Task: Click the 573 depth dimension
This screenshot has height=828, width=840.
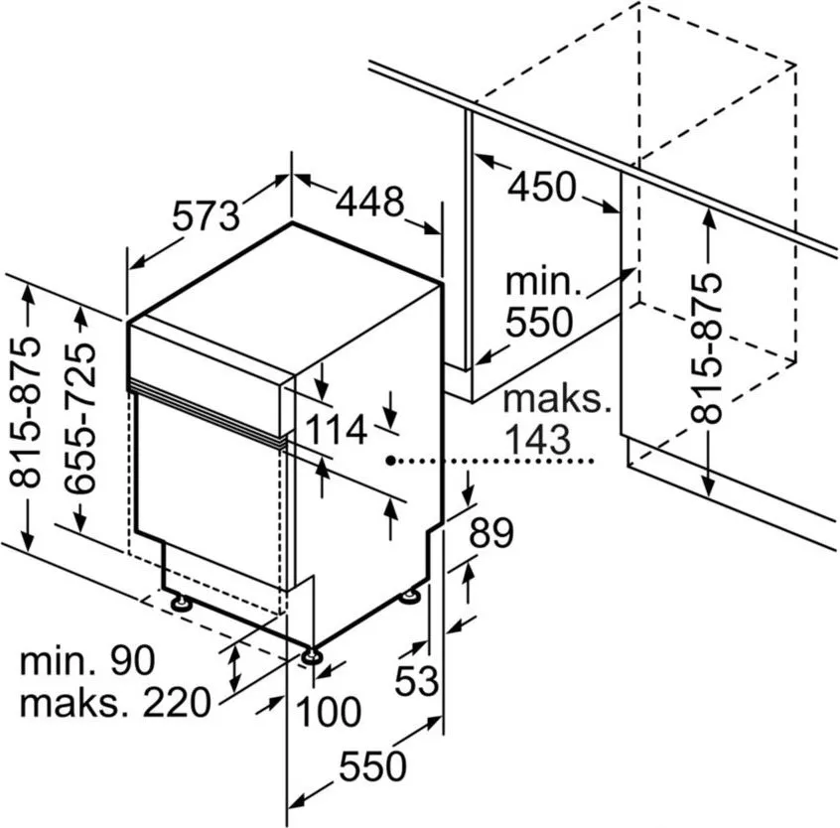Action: click(x=206, y=215)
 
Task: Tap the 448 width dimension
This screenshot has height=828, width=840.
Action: click(x=369, y=202)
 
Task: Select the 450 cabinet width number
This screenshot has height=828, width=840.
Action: click(x=542, y=187)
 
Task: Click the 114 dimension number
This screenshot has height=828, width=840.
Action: click(x=336, y=430)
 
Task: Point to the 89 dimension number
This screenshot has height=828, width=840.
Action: click(x=491, y=532)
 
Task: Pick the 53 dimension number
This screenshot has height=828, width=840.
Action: click(x=417, y=681)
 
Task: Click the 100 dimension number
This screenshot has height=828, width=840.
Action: click(x=329, y=711)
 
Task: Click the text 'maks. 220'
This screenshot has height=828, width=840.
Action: click(x=115, y=702)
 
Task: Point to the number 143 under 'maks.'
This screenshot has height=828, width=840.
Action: click(x=538, y=439)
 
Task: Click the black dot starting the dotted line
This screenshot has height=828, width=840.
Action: click(x=391, y=460)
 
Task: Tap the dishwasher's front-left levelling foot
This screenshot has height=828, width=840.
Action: click(x=182, y=602)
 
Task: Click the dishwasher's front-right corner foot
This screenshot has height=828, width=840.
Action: click(x=311, y=655)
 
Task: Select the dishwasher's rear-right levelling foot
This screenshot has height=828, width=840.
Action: click(x=412, y=595)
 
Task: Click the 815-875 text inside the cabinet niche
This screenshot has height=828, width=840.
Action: click(x=706, y=348)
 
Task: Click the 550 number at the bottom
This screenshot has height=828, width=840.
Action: click(x=372, y=766)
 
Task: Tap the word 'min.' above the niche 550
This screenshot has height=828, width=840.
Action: click(x=543, y=281)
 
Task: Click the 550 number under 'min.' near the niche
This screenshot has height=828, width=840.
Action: click(x=539, y=322)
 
